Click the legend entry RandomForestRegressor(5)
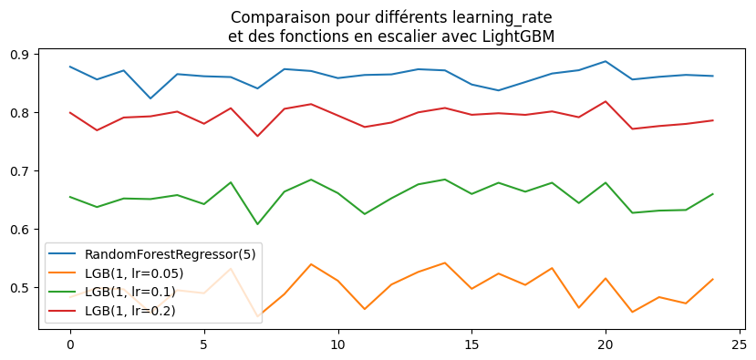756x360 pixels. click(170, 254)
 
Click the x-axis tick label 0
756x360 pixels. click(69, 345)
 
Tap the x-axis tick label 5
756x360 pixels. click(203, 345)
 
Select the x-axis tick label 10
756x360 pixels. click(337, 345)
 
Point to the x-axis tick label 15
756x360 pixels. click(471, 345)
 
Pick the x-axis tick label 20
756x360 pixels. click(606, 345)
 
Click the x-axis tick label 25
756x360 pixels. click(740, 345)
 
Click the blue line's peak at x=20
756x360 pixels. click(606, 61)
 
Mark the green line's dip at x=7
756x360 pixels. click(257, 224)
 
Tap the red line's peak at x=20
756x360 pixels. click(606, 101)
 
